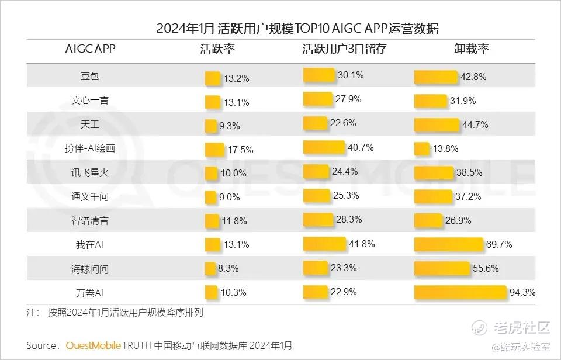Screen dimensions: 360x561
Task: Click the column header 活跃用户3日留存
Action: [x=344, y=49]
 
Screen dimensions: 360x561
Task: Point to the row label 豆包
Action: [x=90, y=77]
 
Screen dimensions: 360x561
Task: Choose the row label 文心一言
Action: [x=90, y=101]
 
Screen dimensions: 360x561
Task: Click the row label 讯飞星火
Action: [x=90, y=172]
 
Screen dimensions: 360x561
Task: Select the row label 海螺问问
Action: [x=90, y=268]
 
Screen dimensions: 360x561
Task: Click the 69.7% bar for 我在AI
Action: [x=449, y=244]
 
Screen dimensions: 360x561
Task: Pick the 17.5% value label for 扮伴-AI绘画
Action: [x=240, y=150]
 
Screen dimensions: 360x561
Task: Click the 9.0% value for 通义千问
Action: [x=229, y=198]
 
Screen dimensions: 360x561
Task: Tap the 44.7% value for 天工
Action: [x=475, y=124]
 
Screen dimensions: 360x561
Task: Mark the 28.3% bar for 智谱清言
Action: [x=318, y=220]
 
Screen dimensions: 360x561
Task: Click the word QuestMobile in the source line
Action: [x=93, y=345]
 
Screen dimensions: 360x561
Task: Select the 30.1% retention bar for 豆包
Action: [x=319, y=75]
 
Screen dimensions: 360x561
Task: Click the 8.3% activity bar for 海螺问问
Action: [x=210, y=268]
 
